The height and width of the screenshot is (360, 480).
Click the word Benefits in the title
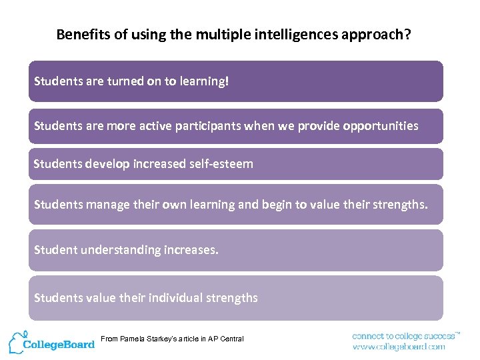pyautogui.click(x=79, y=35)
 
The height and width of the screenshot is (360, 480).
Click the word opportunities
pyautogui.click(x=381, y=126)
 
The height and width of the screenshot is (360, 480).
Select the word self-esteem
pyautogui.click(x=221, y=163)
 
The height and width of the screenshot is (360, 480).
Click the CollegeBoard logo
pyautogui.click(x=59, y=345)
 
